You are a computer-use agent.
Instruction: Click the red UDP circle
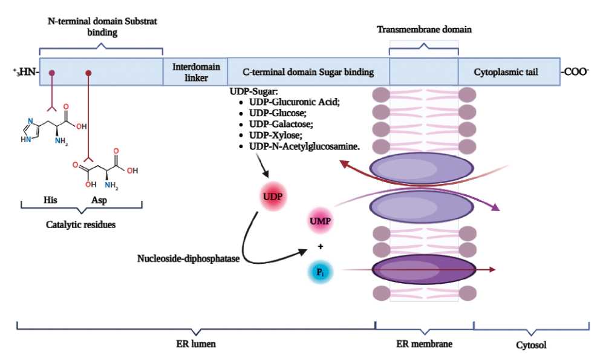click(x=272, y=197)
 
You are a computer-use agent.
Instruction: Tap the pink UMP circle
click(x=320, y=221)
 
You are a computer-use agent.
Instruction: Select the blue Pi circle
click(x=320, y=273)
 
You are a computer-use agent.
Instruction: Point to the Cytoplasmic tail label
click(x=506, y=72)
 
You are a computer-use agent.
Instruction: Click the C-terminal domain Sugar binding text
click(x=308, y=72)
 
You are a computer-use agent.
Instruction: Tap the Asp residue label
click(x=99, y=199)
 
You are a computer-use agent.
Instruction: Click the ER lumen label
click(x=197, y=344)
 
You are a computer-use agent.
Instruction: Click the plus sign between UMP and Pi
click(x=321, y=247)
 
